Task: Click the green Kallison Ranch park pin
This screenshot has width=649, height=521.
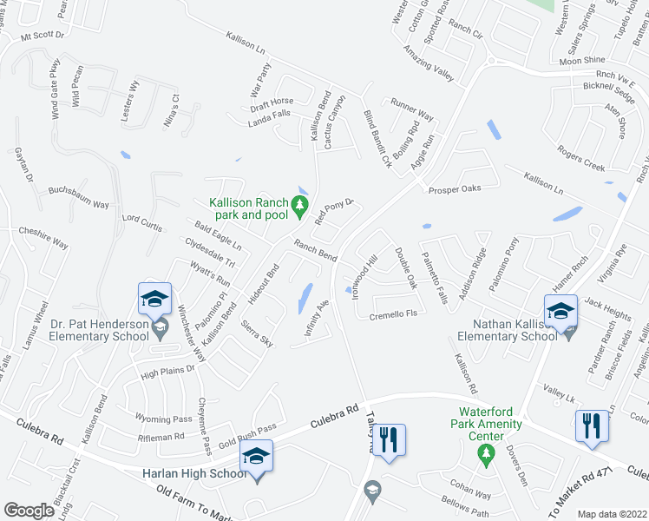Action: (x=299, y=207)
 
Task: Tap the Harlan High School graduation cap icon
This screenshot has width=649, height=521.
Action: (x=257, y=455)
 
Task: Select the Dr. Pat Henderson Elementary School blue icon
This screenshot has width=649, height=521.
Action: (x=154, y=300)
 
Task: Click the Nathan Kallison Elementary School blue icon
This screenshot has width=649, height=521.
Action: (x=560, y=310)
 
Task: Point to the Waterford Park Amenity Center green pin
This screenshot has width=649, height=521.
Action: (x=487, y=452)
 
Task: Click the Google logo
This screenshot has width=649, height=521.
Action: (x=29, y=511)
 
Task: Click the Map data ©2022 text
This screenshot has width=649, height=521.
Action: (x=613, y=513)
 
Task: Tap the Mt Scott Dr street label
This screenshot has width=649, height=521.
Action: (x=43, y=36)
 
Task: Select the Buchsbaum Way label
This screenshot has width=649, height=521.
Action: (x=79, y=198)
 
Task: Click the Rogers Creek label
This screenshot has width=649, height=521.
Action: (x=581, y=159)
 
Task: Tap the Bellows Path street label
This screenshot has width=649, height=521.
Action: (x=466, y=500)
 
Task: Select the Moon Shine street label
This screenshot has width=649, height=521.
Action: (x=582, y=61)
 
